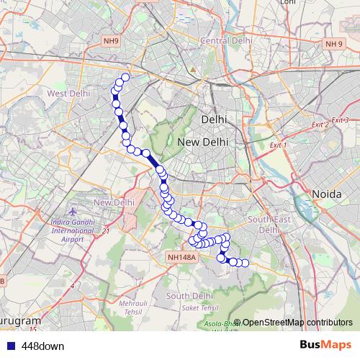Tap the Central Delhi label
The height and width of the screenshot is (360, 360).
[224, 40]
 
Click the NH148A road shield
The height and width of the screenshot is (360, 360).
[180, 256]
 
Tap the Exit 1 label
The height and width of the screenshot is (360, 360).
[278, 145]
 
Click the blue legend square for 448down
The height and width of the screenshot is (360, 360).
[10, 346]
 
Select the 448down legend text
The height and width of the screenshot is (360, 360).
[42, 346]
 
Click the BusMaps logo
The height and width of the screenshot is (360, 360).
[325, 346]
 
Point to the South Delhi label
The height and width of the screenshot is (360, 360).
[189, 296]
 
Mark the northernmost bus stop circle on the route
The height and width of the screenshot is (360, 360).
[125, 77]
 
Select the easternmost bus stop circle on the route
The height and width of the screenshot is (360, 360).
[245, 263]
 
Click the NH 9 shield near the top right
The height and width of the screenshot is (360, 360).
[333, 44]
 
